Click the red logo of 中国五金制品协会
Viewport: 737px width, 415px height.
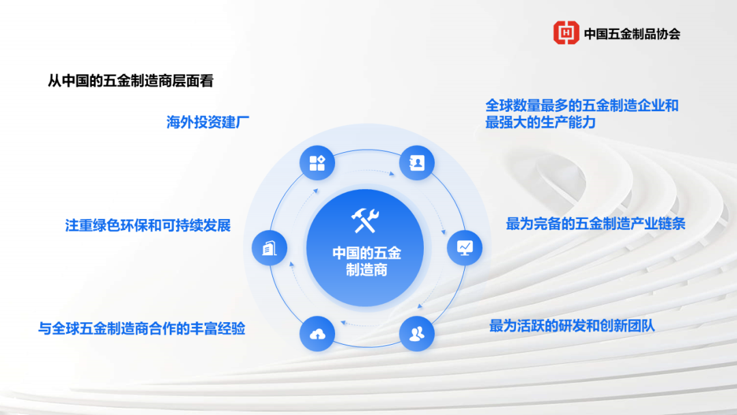[566, 32]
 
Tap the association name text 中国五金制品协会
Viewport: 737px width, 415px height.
[632, 33]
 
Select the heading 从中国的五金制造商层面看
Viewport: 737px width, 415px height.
[130, 81]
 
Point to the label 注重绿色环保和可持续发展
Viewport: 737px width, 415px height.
[148, 225]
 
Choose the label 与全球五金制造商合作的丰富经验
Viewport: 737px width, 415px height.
[141, 329]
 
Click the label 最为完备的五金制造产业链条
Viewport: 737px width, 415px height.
[595, 224]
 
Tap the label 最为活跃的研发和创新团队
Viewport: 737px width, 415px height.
[572, 326]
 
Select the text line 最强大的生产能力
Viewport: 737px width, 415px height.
[540, 123]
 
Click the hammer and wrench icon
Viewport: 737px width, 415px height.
[365, 219]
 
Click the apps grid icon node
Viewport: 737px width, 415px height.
[317, 162]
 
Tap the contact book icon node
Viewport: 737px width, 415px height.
[416, 162]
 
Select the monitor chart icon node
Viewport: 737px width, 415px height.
[465, 247]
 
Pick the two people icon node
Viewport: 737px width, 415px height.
[416, 334]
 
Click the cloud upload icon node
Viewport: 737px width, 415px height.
[317, 334]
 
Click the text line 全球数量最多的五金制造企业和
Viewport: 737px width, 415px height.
[582, 106]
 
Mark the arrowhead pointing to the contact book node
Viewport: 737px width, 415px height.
[391, 174]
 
